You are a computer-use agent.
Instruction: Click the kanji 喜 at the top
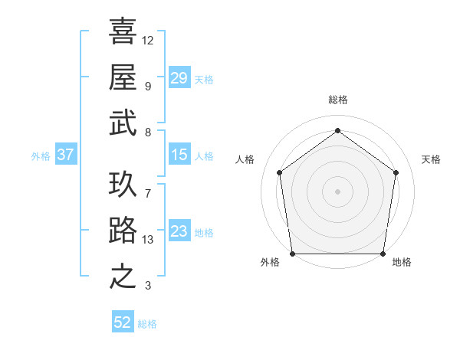point(123,31)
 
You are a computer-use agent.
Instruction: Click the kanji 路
point(123,230)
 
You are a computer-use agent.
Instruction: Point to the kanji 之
point(123,275)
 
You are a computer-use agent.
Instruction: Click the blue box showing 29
point(179,78)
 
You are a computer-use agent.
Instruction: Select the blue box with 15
point(179,155)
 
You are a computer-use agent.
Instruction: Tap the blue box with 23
point(179,232)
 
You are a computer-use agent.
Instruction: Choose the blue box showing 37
point(65,155)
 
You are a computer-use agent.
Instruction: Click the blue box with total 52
point(123,322)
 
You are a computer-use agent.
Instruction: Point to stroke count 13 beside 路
point(149,240)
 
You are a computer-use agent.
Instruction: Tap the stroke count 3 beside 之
point(147,286)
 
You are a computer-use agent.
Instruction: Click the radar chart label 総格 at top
point(337,100)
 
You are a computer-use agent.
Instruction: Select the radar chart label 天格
point(431,159)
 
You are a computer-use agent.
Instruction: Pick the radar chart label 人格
point(245,159)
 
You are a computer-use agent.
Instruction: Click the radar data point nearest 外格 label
point(292,253)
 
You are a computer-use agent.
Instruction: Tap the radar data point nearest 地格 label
point(383,254)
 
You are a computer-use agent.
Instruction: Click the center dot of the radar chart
point(337,191)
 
